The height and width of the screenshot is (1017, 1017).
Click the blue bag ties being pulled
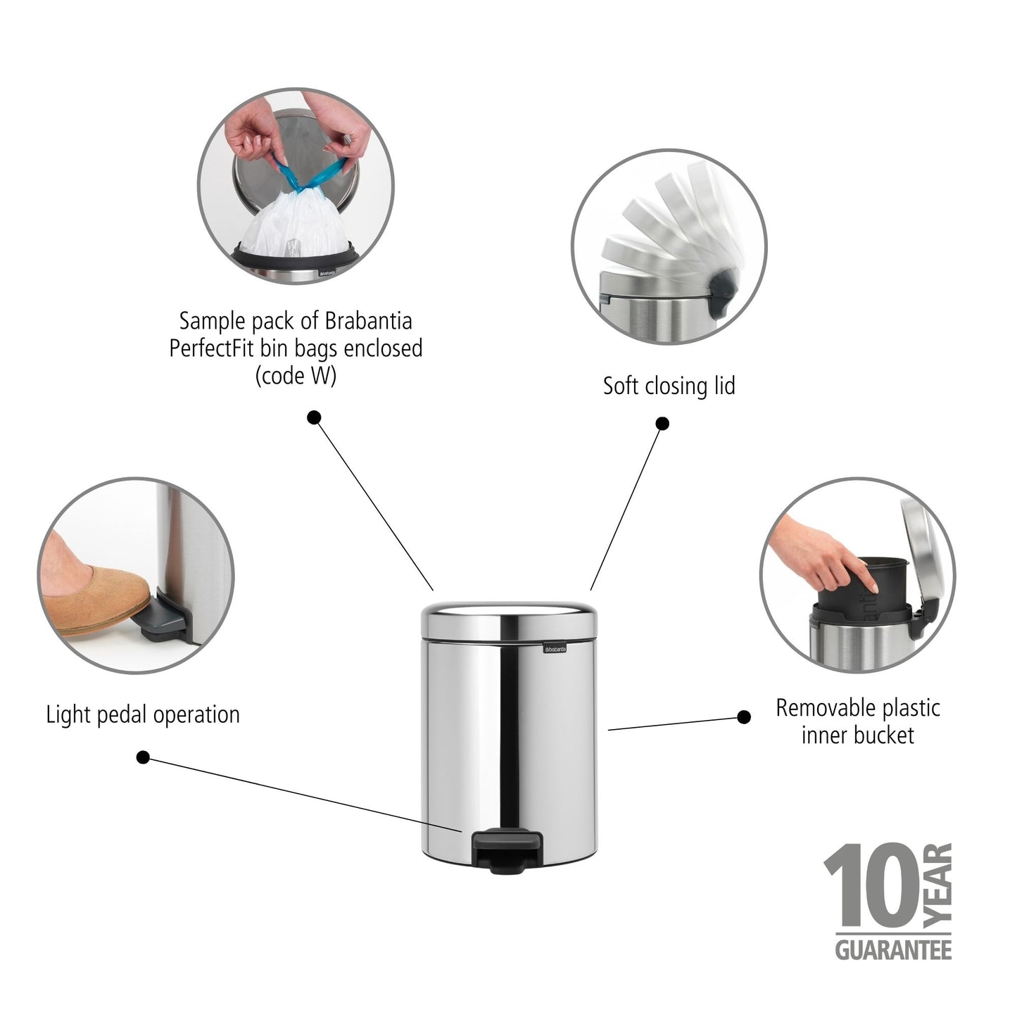[310, 176]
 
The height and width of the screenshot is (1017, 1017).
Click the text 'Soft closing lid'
[669, 386]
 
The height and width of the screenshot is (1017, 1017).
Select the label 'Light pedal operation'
[143, 714]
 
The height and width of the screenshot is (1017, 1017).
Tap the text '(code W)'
[296, 376]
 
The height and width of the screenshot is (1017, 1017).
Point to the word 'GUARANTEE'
[893, 949]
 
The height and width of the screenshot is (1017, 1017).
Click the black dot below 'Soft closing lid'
[662, 423]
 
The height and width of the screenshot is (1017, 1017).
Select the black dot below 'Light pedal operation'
[143, 757]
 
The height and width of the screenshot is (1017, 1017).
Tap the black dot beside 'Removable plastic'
[743, 717]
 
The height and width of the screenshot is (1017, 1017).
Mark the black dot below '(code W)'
[315, 417]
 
